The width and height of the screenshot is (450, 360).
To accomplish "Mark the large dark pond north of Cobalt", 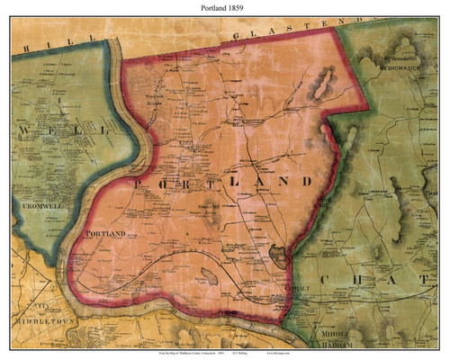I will point(282,256).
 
